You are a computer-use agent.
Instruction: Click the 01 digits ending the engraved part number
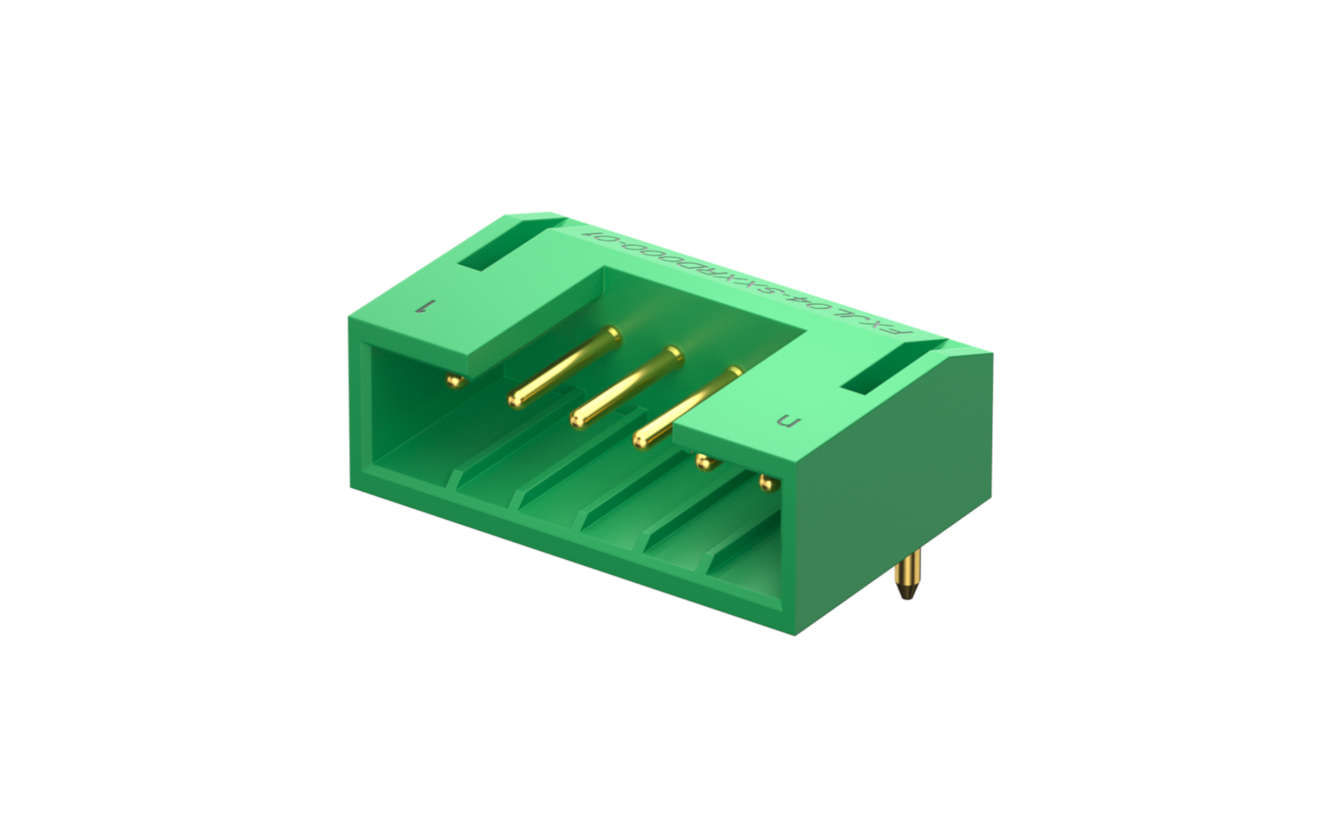click(598, 235)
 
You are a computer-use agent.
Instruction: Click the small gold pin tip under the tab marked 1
click(453, 380)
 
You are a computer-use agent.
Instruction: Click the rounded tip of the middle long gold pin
click(578, 419)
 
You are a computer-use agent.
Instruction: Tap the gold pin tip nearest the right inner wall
click(766, 482)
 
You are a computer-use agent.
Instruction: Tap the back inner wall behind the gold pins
click(701, 305)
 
